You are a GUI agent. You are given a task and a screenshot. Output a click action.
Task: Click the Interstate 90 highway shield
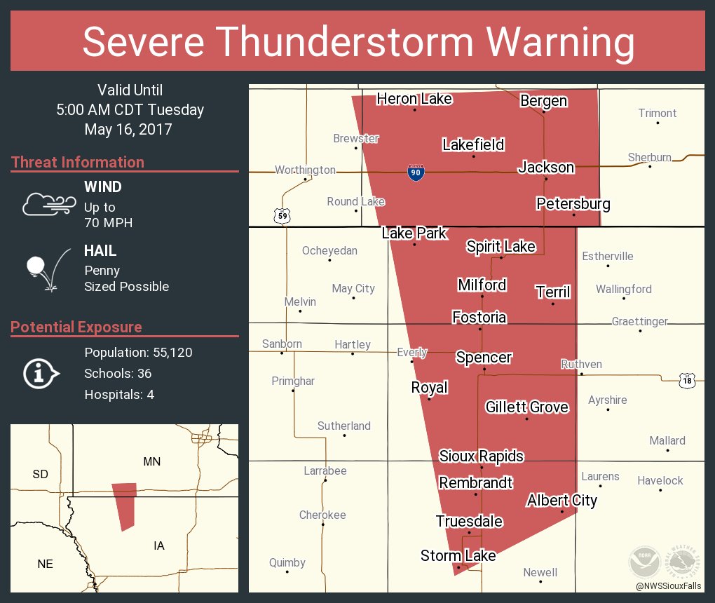coord(416,172)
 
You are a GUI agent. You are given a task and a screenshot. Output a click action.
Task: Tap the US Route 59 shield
coord(281,216)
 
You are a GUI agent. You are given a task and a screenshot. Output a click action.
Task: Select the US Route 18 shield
coord(687,380)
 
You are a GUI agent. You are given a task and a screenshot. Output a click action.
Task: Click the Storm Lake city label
coord(458,556)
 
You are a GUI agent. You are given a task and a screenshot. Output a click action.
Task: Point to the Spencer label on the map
coord(484,358)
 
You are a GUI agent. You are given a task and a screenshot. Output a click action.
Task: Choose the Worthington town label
coord(305,170)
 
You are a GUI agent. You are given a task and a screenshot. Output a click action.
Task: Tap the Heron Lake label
coord(414,99)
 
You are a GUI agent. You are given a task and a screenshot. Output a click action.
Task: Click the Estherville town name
coord(607,257)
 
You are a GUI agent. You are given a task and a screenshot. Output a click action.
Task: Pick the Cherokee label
coord(322,515)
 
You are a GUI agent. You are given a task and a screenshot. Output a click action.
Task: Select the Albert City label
coord(561,501)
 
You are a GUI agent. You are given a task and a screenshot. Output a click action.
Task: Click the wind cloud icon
coord(48,203)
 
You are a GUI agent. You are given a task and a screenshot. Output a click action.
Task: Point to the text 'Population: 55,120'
coord(138,353)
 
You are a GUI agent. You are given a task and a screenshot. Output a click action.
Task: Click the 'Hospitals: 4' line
coord(119,395)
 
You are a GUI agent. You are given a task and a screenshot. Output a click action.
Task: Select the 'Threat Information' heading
coord(78,163)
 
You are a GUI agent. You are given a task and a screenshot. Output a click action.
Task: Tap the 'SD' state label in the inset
coord(40,475)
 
